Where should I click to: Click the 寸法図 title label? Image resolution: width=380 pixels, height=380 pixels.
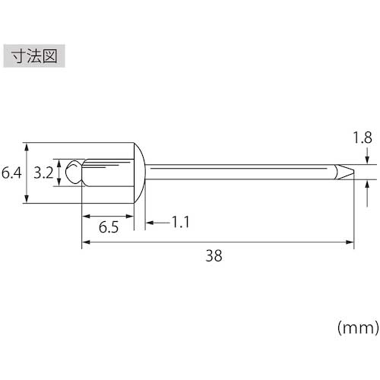(x=34, y=56)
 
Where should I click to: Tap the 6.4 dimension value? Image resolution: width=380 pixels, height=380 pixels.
(x=11, y=173)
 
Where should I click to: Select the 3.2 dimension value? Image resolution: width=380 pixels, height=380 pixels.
(x=43, y=173)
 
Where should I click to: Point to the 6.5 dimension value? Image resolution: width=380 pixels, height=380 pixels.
(x=109, y=227)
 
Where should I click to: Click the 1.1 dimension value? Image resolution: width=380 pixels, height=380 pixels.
(x=180, y=222)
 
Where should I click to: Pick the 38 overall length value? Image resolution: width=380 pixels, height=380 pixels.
(x=214, y=255)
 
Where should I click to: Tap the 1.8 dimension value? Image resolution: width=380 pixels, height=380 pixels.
(x=363, y=138)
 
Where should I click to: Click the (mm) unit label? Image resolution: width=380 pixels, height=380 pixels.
(x=358, y=328)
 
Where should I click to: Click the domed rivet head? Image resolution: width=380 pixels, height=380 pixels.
(x=139, y=173)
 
